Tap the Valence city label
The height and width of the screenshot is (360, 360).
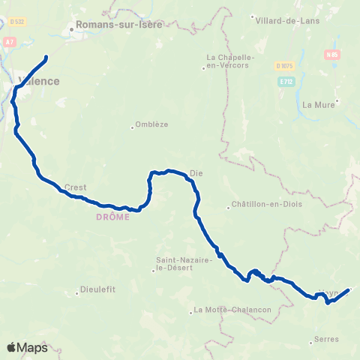[x=37, y=81]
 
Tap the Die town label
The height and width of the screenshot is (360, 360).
[x=196, y=172]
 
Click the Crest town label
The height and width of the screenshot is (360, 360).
[x=76, y=187]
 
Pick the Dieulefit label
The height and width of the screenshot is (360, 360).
[x=99, y=292]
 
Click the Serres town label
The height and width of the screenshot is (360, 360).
[x=327, y=340]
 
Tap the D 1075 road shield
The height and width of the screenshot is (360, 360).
[x=283, y=66]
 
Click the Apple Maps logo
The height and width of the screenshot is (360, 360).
[x=28, y=347]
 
